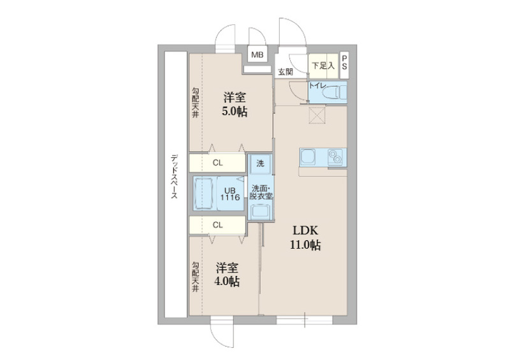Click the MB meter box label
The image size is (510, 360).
click(257, 55)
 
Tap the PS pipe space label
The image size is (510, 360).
click(344, 62)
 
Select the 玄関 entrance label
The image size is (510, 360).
click(285, 72)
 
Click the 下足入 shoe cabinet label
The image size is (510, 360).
click(323, 66)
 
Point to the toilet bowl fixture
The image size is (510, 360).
click(332, 92)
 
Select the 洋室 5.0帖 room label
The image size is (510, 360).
click(234, 104)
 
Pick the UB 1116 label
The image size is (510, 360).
click(230, 194)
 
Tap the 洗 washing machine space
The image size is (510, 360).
click(260, 164)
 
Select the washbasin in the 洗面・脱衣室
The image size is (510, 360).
click(260, 212)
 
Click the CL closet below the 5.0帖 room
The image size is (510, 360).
click(217, 162)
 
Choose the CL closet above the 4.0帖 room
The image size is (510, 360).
click(217, 225)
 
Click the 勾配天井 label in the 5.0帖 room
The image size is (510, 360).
click(195, 102)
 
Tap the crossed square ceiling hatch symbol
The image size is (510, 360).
click(317, 115)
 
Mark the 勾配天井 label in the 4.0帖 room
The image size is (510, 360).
click(195, 277)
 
